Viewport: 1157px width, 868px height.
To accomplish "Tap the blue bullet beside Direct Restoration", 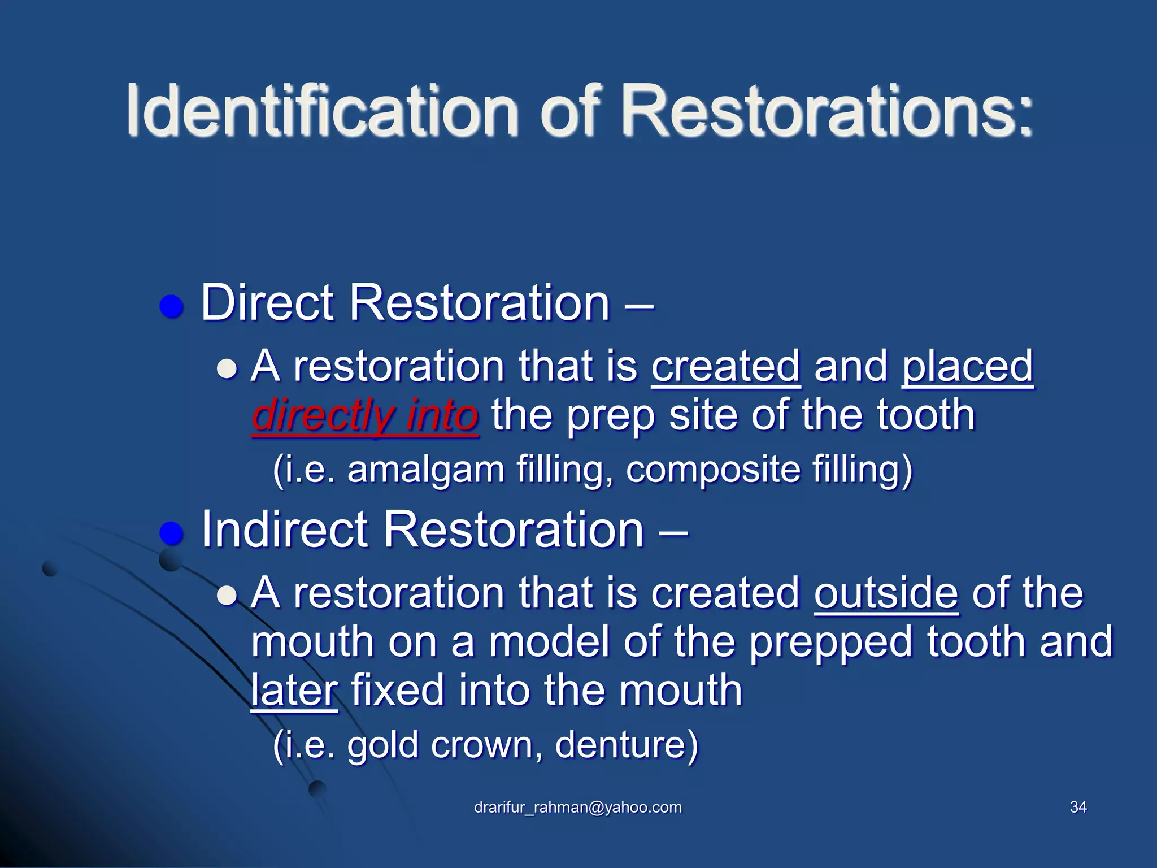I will [172, 307].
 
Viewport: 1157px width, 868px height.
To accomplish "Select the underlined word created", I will [725, 366].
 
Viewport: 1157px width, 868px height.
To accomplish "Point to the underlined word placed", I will [967, 366].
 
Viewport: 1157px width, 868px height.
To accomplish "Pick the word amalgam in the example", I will [425, 470].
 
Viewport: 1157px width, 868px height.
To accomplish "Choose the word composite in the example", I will [712, 470].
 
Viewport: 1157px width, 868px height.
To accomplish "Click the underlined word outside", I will [886, 593].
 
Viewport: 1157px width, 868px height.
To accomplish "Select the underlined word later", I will [294, 691].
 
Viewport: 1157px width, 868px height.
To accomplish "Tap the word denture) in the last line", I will [627, 745].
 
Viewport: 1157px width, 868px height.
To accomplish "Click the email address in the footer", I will [578, 807].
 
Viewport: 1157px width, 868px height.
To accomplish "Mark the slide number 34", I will [1078, 807].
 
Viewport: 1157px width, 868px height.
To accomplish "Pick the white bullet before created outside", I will [227, 596].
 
